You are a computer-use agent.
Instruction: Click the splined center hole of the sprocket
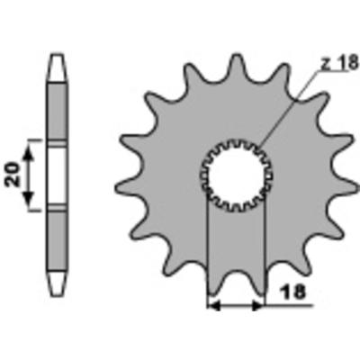[236, 171]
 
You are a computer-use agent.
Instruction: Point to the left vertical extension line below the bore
[208, 252]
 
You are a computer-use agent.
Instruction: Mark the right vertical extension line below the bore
[265, 252]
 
